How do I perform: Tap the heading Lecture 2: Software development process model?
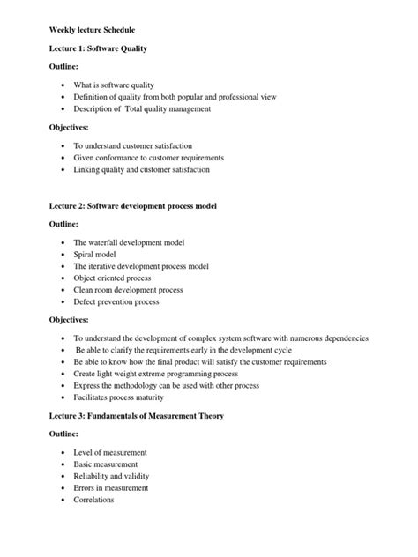click(133, 205)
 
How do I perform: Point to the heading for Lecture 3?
click(137, 415)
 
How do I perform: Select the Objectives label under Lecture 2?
click(70, 320)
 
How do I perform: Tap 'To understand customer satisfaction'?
click(133, 145)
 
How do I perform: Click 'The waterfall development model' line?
click(135, 241)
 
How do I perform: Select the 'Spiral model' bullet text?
click(100, 253)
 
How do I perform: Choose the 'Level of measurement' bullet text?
click(110, 452)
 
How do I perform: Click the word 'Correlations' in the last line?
click(94, 500)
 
